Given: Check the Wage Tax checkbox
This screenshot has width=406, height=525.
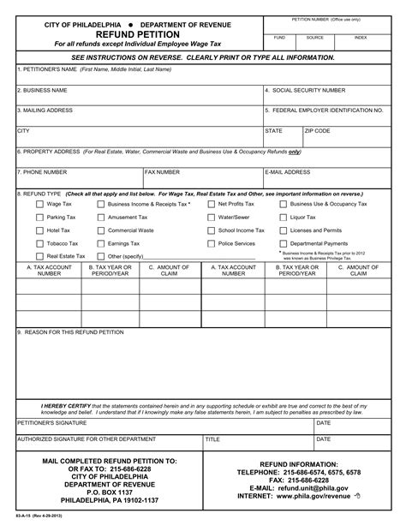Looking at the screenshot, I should coord(39,205).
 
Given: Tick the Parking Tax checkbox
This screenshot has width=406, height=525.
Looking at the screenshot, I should coord(39,218).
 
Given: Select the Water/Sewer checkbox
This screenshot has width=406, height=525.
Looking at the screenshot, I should coord(211,218).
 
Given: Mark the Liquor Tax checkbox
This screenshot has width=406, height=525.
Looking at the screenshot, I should coord(284,218).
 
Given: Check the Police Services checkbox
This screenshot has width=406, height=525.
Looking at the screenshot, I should coord(211,243).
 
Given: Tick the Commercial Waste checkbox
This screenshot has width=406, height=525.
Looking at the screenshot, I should coord(101,230).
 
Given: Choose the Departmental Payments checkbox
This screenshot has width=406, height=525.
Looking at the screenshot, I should coord(284,243).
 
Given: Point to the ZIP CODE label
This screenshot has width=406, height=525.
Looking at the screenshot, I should coord(318,131).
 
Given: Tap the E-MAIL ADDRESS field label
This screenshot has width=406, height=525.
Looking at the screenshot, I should coord(289,171).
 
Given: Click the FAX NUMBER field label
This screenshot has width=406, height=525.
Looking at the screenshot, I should coord(162,171).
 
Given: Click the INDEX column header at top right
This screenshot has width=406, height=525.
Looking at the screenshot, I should coord(361,38).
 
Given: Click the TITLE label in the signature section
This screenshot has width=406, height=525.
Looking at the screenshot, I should coord(213,439).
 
